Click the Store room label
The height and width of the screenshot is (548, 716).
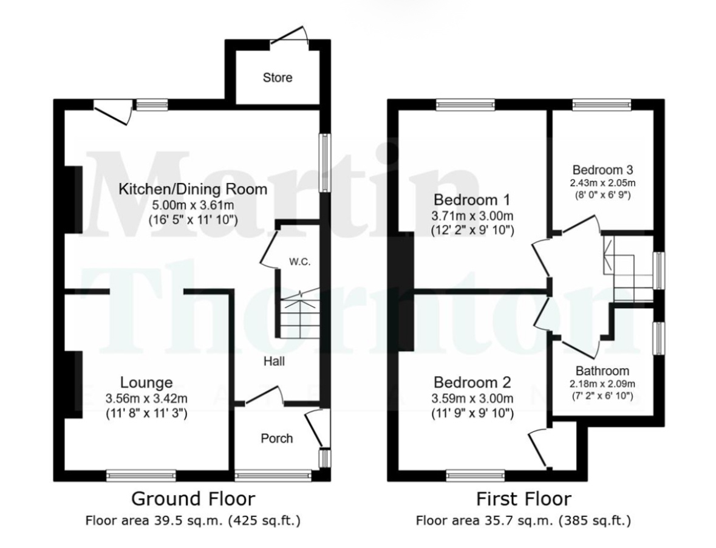277,78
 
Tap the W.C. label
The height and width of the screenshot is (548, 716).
299,262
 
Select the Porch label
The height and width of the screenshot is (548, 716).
277,439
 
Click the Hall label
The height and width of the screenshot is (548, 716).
274,361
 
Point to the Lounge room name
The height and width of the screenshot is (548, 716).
146,382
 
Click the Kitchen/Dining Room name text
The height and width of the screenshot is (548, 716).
193,188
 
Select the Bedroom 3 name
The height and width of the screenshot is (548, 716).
602,170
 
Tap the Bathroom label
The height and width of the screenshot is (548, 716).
602,371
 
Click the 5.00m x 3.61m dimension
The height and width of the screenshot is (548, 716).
193,205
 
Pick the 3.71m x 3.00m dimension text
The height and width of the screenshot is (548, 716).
472,216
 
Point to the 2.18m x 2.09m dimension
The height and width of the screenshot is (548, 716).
602,384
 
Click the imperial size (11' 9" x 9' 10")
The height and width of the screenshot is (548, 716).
472,413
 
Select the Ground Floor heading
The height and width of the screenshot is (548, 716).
193,498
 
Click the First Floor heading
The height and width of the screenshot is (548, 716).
523,499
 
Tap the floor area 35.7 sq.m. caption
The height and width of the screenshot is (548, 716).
523,520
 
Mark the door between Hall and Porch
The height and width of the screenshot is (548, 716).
265,396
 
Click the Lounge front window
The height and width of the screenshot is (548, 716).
141,476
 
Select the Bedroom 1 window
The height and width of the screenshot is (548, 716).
465,104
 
